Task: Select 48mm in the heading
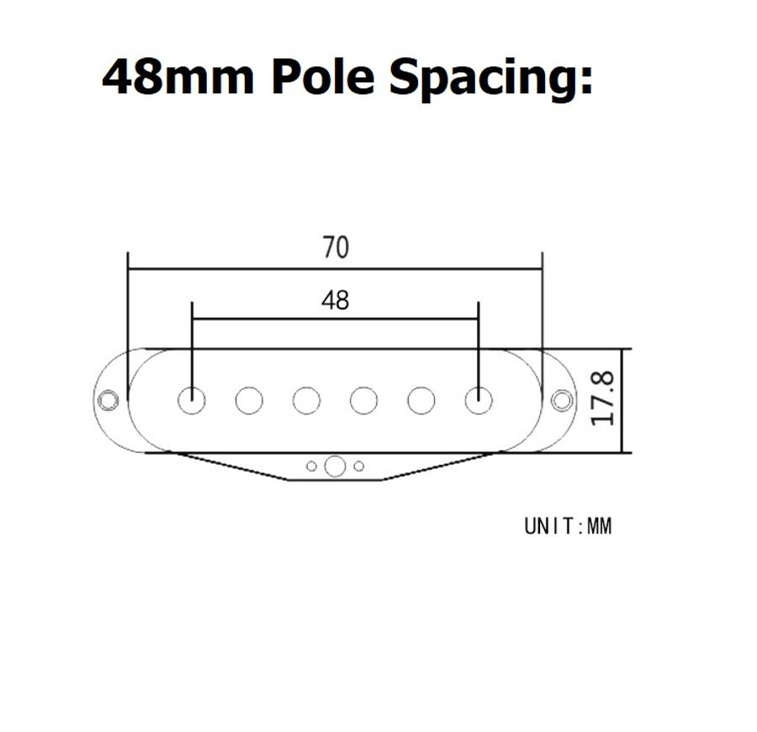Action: pyautogui.click(x=177, y=77)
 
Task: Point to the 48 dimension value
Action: pyautogui.click(x=335, y=300)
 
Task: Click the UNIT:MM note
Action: pyautogui.click(x=568, y=526)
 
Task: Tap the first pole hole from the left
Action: pyautogui.click(x=192, y=400)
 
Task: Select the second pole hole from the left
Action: pyautogui.click(x=249, y=401)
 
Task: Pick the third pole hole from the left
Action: pyautogui.click(x=306, y=401)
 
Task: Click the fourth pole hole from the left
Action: pyautogui.click(x=363, y=401)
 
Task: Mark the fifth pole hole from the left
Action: pyautogui.click(x=421, y=401)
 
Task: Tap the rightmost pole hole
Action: pyautogui.click(x=479, y=400)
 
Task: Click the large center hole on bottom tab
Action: pyautogui.click(x=335, y=466)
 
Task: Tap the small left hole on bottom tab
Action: pyautogui.click(x=311, y=466)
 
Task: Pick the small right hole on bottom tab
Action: pyautogui.click(x=359, y=466)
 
